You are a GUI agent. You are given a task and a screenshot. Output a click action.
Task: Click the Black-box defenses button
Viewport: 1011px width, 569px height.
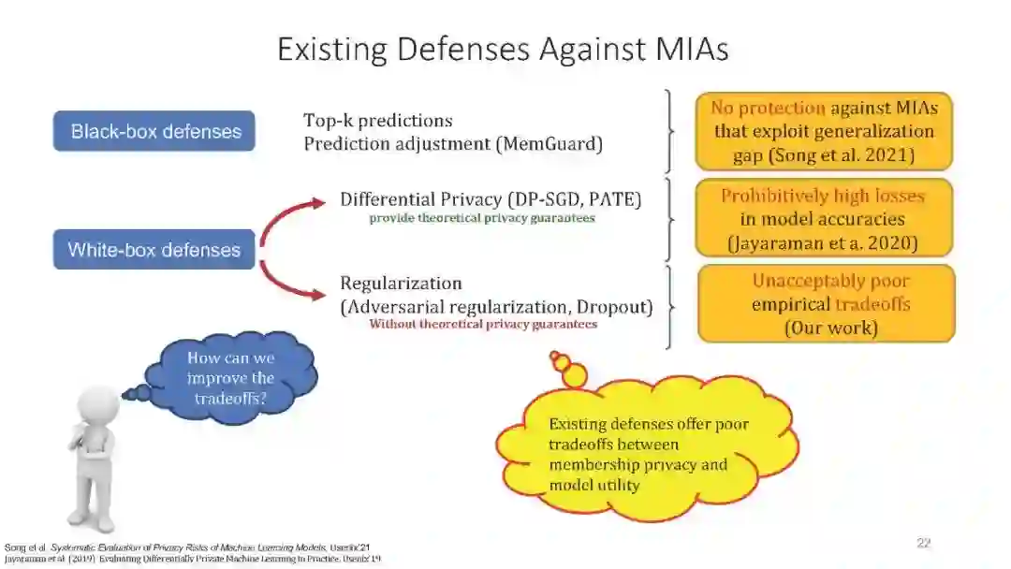click(x=154, y=131)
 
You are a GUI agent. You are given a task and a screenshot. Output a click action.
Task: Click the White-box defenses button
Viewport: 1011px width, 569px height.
click(x=154, y=250)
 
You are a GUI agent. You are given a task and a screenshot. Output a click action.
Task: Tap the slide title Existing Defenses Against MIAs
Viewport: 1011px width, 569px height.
click(x=503, y=50)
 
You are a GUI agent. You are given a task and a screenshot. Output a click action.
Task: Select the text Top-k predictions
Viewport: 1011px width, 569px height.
click(x=378, y=121)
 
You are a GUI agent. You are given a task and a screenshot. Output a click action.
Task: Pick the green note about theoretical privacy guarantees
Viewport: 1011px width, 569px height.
click(x=481, y=218)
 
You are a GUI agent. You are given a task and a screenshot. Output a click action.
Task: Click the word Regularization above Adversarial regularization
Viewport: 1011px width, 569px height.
click(x=401, y=283)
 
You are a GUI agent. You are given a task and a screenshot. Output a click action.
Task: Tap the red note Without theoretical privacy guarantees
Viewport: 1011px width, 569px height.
click(x=483, y=324)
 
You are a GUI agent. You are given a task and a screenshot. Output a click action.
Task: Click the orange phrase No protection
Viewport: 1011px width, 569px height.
click(x=768, y=108)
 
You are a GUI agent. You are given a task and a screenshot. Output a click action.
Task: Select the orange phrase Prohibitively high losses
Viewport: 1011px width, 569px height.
click(x=823, y=197)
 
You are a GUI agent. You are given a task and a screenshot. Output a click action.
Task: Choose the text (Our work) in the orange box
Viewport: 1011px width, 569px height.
click(x=830, y=328)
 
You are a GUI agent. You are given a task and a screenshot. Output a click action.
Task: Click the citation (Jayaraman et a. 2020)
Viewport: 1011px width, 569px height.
click(x=823, y=243)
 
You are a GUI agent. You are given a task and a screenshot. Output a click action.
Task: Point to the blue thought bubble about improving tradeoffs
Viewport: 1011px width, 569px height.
click(x=230, y=378)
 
